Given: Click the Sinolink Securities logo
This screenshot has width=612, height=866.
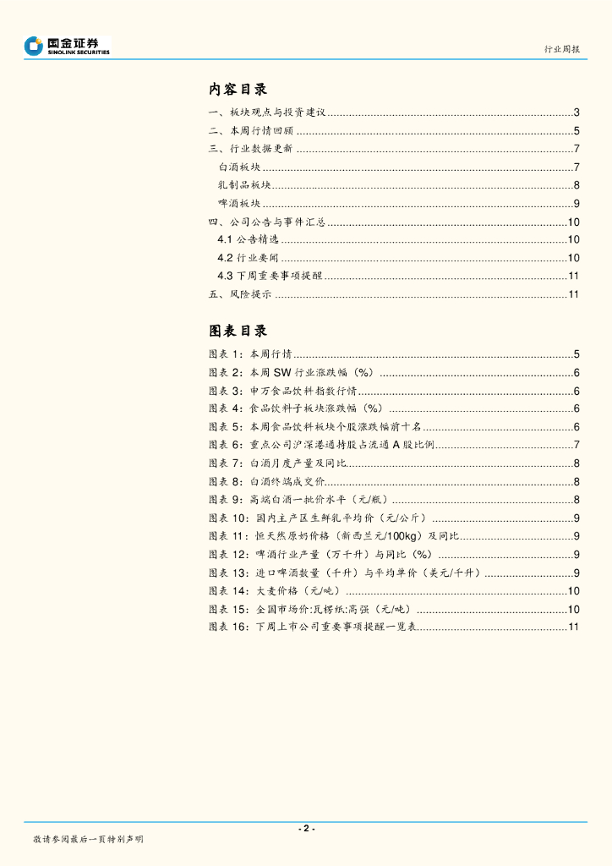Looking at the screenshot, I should click(x=68, y=46).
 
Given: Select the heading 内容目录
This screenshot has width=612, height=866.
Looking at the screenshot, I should click(x=238, y=90).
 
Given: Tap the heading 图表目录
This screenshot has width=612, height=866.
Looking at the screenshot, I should click(x=238, y=331).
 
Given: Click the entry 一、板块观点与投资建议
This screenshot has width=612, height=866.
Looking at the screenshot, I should click(x=267, y=112).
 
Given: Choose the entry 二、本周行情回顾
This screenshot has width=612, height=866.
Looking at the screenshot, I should click(x=251, y=131).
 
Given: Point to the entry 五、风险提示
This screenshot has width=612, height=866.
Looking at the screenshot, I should click(x=240, y=294).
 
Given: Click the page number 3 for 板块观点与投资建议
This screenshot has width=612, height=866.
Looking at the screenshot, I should click(x=576, y=112).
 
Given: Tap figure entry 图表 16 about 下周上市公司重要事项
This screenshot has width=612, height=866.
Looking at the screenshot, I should click(x=313, y=627).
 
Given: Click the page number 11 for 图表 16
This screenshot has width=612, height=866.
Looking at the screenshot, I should click(x=573, y=627).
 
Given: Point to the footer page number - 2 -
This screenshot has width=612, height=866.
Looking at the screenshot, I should click(x=306, y=828).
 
